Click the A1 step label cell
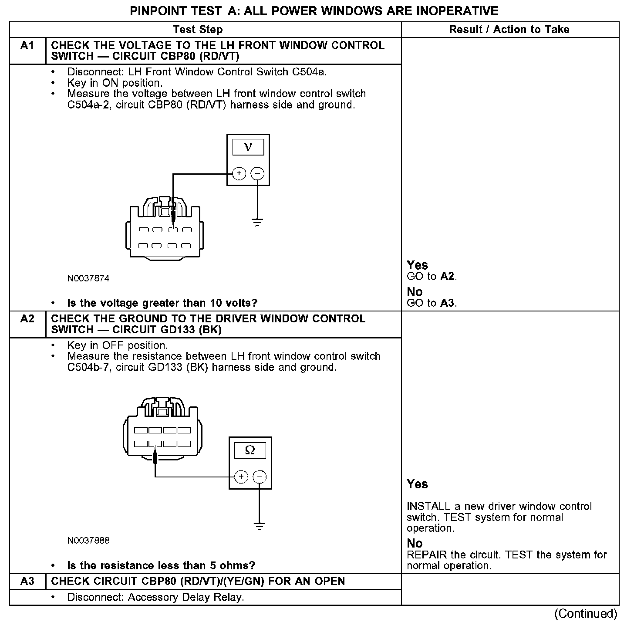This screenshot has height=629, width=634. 27,46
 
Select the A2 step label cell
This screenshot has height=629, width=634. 27,319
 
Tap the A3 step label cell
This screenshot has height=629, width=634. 27,582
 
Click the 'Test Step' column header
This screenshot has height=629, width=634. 198,30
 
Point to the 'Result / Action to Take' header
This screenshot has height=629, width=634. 509,30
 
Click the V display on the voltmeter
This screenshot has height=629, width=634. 248,147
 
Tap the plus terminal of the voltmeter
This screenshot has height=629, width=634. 239,173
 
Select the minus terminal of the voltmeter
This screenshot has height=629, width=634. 258,173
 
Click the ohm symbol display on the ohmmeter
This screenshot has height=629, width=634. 250,450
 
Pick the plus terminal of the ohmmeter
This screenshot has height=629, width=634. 241,477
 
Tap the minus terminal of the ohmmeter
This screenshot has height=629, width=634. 260,477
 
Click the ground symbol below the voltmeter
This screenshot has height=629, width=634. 258,223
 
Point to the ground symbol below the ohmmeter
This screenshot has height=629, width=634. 260,526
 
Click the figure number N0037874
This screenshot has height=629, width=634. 88,278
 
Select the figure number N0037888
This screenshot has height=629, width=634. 88,541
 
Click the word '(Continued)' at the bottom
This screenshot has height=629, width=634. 586,614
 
